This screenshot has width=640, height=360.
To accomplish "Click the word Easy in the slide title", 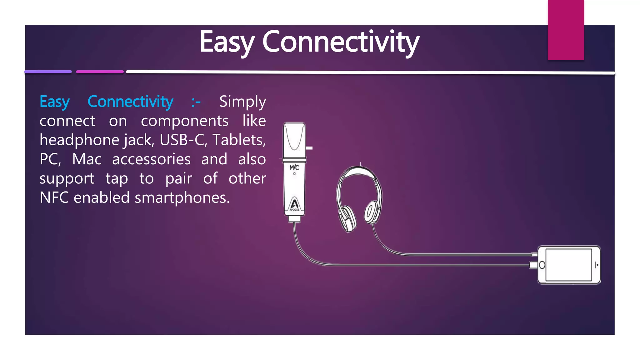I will click(227, 42).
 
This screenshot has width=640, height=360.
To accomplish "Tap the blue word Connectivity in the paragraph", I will click(130, 102).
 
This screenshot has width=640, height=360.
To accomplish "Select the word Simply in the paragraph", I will click(242, 102).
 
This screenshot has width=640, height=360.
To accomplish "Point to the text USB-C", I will click(183, 140).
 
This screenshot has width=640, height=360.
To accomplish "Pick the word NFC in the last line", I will click(54, 197).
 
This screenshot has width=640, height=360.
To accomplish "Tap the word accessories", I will click(151, 159).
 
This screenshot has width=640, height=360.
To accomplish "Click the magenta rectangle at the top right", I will click(566, 30).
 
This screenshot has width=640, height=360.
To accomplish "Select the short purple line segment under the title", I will click(48, 72).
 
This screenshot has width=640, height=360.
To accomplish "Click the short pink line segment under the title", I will click(100, 72).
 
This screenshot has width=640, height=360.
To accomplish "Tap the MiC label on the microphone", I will click(294, 168).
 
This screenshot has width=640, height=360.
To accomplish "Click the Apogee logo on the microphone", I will click(294, 205).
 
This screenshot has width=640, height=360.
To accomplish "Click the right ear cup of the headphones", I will click(371, 212).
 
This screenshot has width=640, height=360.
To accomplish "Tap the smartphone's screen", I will click(568, 265).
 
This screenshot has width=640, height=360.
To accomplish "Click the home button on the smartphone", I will click(542, 265).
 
